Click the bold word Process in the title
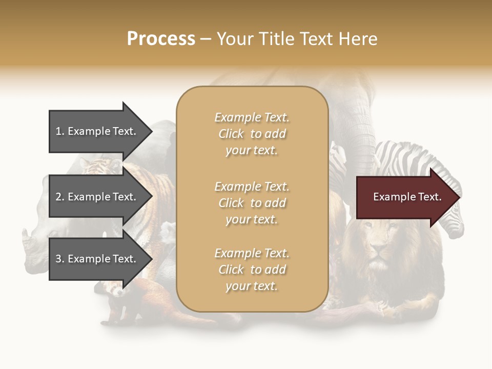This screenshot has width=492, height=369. [x=161, y=39]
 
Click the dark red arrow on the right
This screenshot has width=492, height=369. [x=405, y=197]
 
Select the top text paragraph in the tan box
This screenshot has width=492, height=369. [x=252, y=134]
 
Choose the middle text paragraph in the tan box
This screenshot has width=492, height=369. [x=252, y=203]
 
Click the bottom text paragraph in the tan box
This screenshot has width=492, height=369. [x=252, y=270]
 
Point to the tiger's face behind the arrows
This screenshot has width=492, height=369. [x=95, y=166]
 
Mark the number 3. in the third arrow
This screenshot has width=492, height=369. [x=60, y=259]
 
